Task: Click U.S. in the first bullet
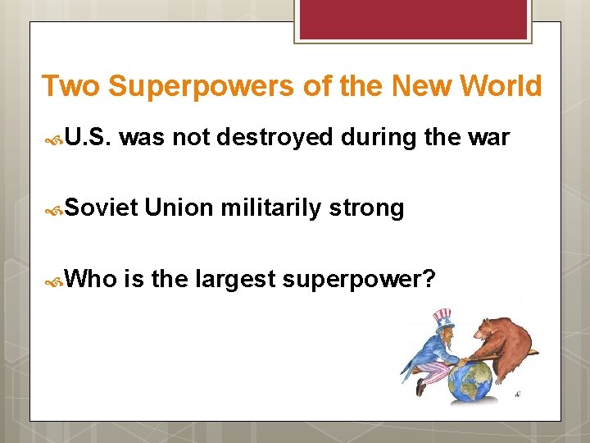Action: [88, 139]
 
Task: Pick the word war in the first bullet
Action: [489, 139]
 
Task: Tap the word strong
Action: [367, 208]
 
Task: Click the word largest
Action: [235, 280]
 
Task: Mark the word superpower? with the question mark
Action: [358, 280]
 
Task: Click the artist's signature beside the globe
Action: [517, 395]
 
